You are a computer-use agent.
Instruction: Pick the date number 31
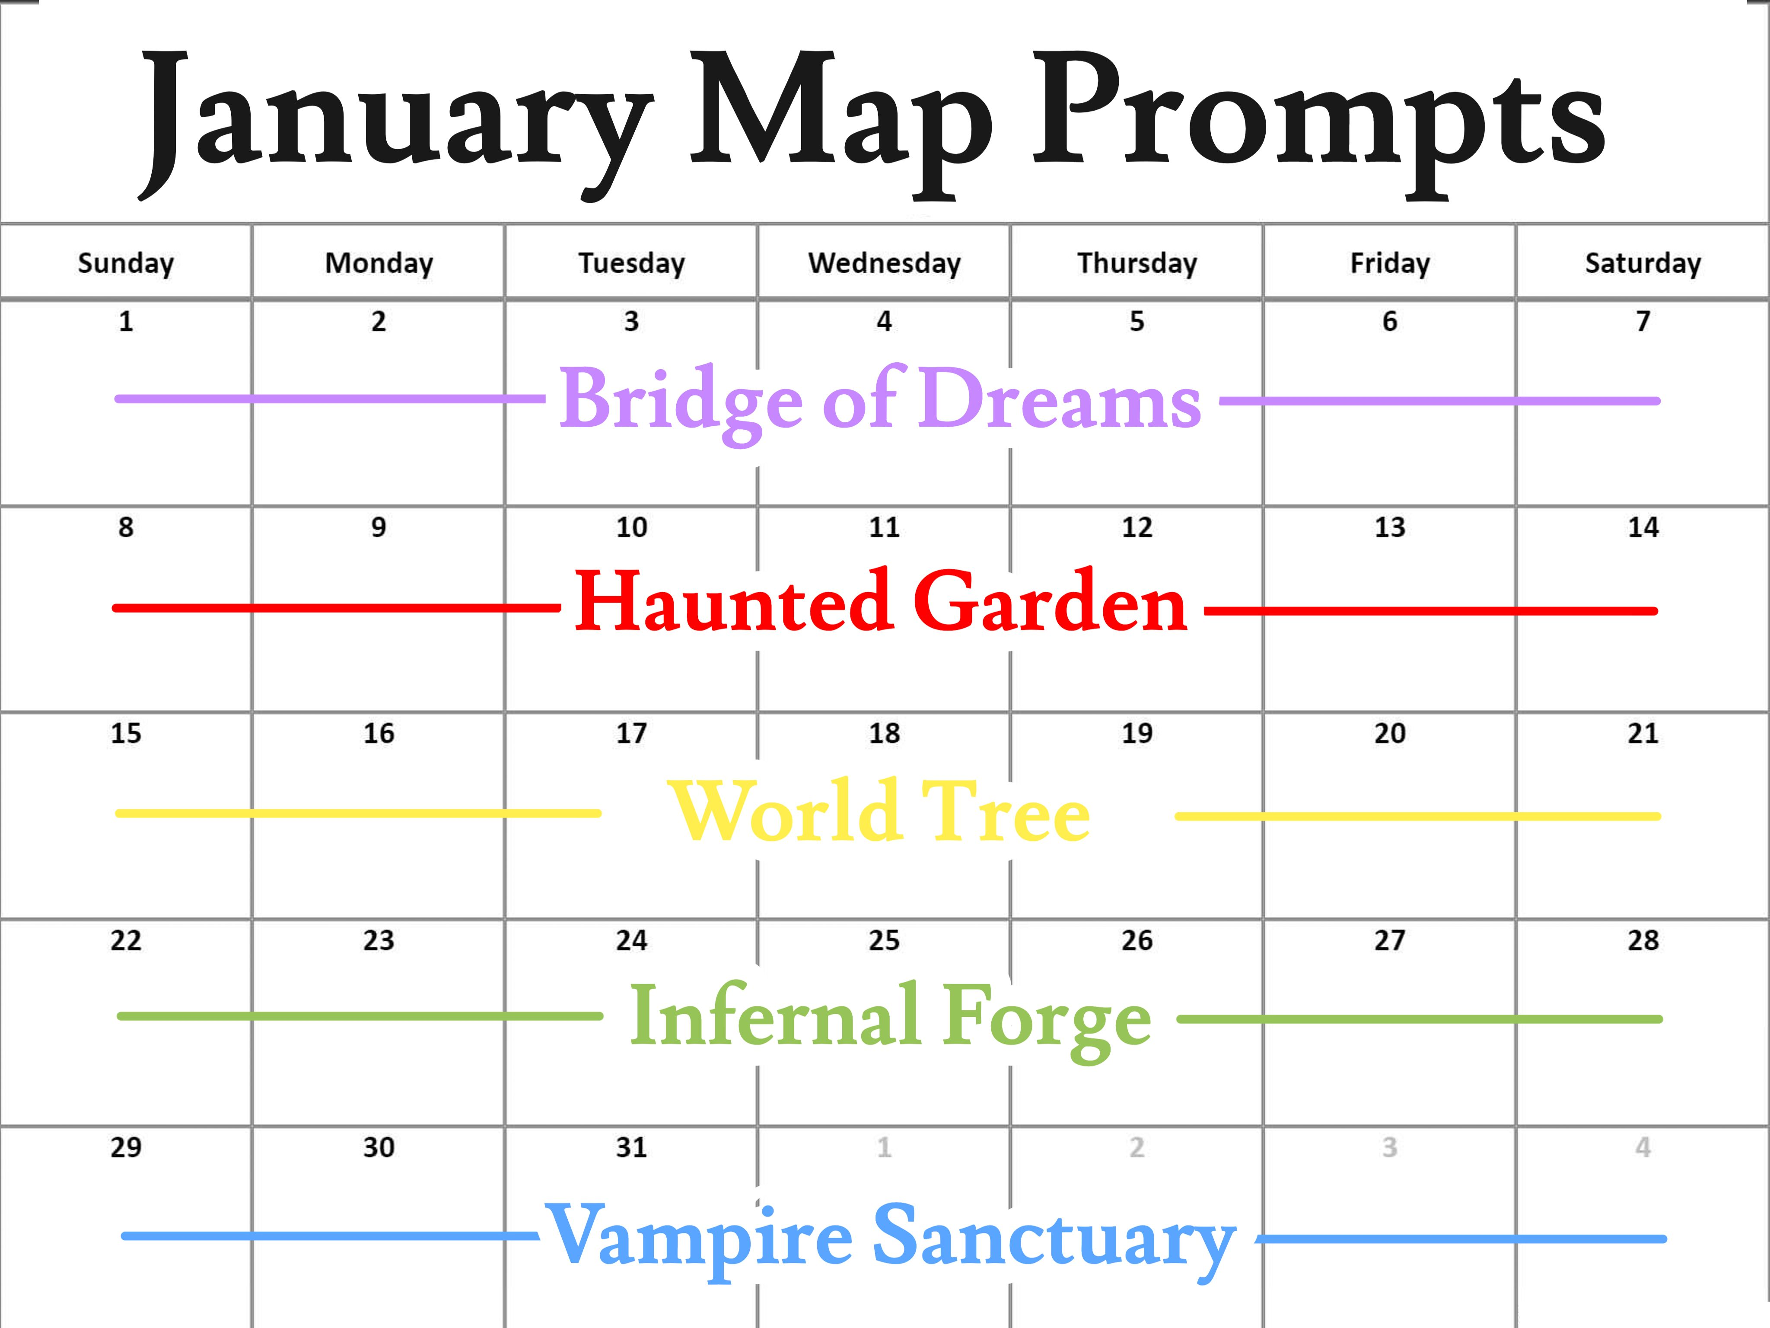pos(631,1147)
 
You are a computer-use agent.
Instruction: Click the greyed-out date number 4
pos(1643,1147)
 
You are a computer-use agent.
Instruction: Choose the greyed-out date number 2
pos(1137,1147)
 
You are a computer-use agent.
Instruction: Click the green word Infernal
pos(776,1015)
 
